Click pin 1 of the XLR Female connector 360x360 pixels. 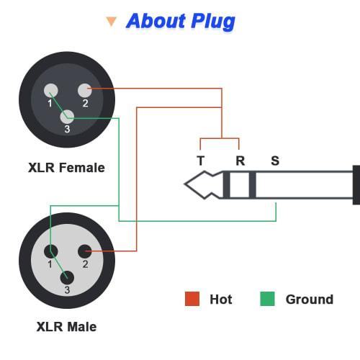(51, 91)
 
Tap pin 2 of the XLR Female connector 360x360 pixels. (85, 91)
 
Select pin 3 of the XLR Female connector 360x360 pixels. (67, 116)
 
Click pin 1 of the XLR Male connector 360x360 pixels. (51, 251)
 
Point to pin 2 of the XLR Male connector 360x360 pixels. (85, 251)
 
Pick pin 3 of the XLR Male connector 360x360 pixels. (67, 276)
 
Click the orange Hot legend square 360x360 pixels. (192, 299)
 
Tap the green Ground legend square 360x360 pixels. (268, 299)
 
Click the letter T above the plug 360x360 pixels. (200, 161)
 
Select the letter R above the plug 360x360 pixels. (240, 161)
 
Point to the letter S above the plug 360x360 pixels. (275, 161)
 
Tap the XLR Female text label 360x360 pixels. (66, 168)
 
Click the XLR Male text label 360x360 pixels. (66, 327)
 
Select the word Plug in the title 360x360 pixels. (212, 22)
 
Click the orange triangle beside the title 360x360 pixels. (111, 22)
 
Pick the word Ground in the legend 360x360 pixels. (310, 299)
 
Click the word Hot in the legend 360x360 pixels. (220, 299)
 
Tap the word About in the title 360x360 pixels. (157, 22)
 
